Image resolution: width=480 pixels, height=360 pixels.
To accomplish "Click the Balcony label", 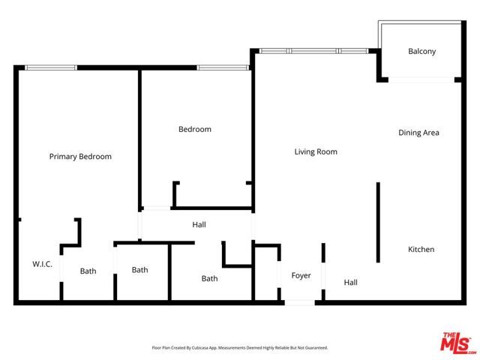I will (421, 52).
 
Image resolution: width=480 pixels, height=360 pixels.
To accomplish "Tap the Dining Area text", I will (418, 133).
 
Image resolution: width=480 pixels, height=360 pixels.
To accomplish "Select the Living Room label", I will (315, 151).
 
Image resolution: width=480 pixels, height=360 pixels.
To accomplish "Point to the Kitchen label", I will (421, 250).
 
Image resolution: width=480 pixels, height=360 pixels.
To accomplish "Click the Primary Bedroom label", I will (80, 157).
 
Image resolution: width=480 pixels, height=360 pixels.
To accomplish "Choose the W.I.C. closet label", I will (42, 264).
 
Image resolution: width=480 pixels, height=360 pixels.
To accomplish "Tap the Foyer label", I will (301, 276).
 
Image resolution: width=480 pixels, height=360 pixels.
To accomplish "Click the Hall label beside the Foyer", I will (350, 283).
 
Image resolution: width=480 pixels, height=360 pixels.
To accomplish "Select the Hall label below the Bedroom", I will (199, 224).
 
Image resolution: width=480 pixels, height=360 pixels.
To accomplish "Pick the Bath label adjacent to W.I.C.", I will (88, 271).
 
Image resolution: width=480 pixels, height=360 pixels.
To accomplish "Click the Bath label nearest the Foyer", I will (209, 279).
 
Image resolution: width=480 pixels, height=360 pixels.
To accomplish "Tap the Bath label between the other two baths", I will (140, 270).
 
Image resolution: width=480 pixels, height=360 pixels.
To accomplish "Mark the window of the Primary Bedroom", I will (51, 67).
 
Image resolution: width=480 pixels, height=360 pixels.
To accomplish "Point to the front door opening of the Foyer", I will (299, 302).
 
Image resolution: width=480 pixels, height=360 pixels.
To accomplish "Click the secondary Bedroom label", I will (194, 129).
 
